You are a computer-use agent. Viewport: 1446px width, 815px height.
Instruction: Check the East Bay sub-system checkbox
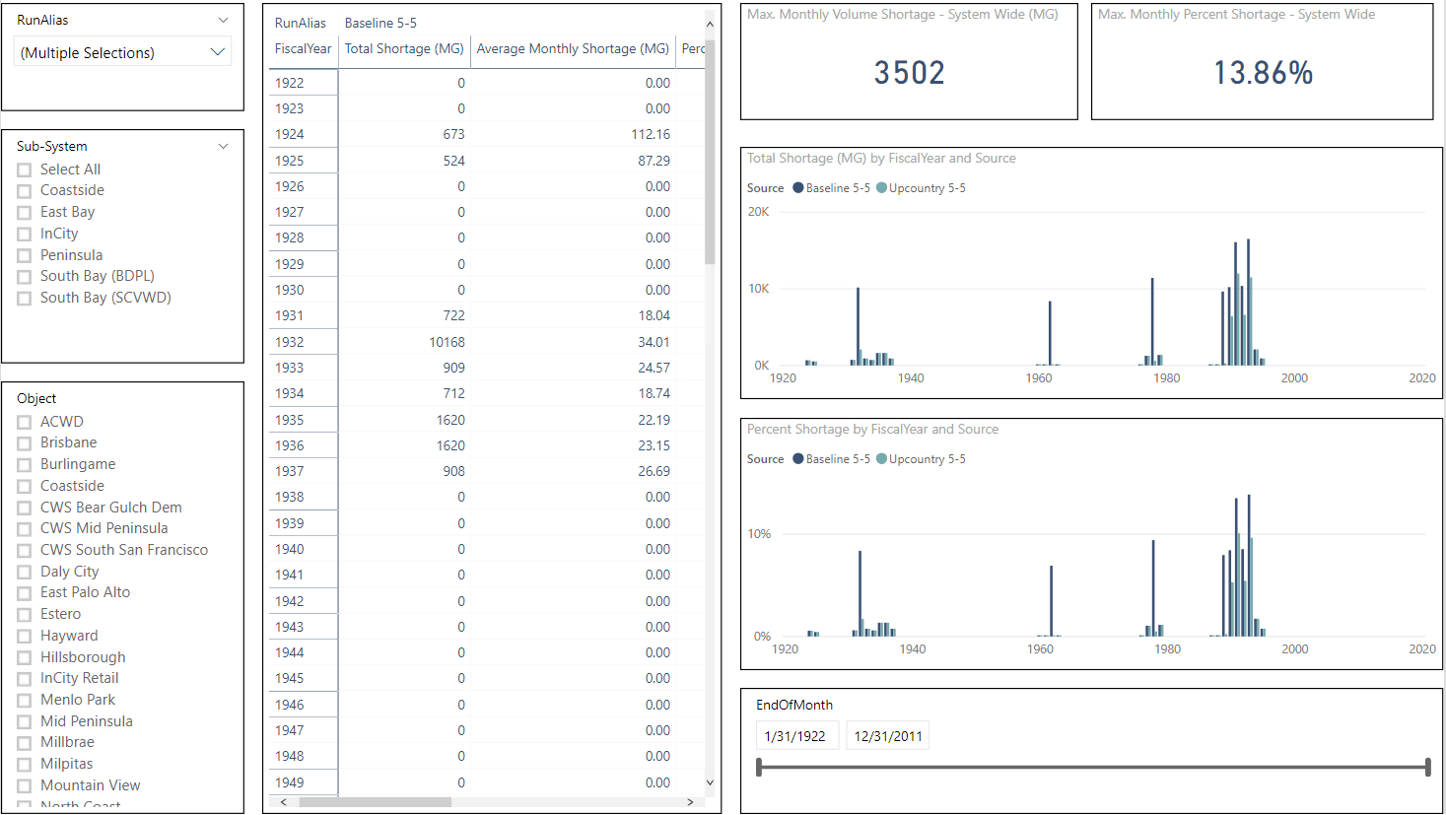(x=25, y=213)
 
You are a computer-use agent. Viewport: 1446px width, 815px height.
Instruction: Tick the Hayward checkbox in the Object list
(x=25, y=637)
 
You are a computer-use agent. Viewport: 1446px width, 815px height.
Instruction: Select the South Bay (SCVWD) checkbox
(x=25, y=299)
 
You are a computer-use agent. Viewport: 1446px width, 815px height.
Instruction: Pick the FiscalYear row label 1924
(x=290, y=134)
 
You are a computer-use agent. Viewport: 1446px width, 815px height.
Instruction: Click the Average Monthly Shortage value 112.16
(x=651, y=134)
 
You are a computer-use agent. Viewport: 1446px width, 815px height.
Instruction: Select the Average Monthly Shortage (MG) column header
(x=573, y=48)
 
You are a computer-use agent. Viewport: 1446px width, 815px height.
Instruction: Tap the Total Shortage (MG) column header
(x=404, y=48)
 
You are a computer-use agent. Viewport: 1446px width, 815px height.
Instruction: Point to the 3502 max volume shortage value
(x=909, y=73)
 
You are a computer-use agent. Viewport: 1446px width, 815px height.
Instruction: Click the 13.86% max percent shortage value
(x=1263, y=73)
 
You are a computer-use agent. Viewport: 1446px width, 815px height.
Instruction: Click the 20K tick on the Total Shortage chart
(x=758, y=212)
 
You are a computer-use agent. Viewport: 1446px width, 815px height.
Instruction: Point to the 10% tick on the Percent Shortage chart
(x=759, y=534)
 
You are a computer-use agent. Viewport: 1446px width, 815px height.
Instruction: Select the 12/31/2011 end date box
(x=888, y=736)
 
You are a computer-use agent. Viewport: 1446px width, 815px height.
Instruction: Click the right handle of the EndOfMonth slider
(x=1427, y=767)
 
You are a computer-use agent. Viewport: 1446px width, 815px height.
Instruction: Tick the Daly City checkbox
(x=25, y=573)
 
